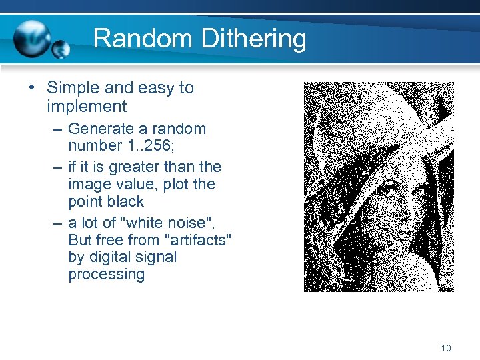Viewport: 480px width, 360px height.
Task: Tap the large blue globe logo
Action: [x=32, y=39]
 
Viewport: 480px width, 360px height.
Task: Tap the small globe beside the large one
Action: [x=61, y=49]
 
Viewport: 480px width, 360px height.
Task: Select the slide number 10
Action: [x=446, y=348]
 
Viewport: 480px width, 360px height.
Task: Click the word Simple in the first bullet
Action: [x=73, y=88]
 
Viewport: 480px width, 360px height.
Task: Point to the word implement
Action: [x=87, y=106]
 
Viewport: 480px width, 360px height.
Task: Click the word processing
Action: [x=106, y=275]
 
